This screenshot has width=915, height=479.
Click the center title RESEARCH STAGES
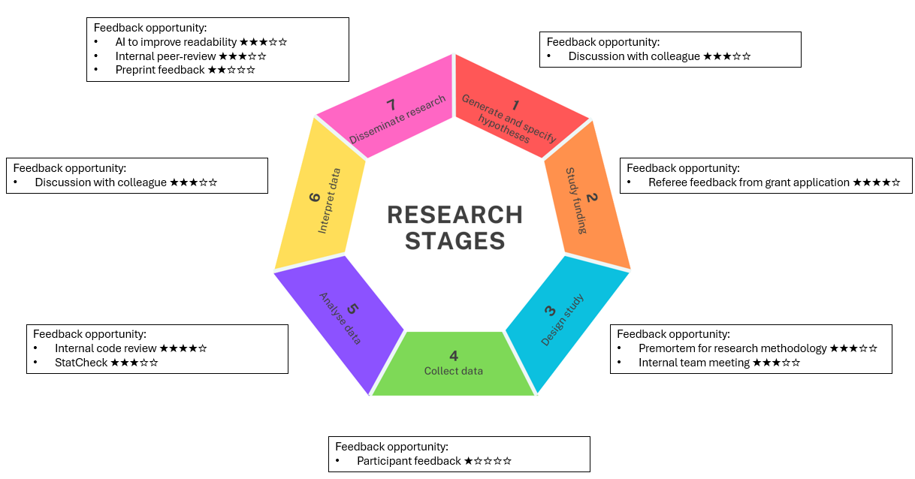(x=454, y=227)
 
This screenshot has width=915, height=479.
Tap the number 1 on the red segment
(x=515, y=106)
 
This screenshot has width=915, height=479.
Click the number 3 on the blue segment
(x=550, y=310)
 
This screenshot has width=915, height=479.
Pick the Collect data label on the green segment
(x=453, y=371)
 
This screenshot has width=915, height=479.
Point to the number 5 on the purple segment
(x=353, y=309)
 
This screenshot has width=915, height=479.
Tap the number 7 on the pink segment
(x=391, y=104)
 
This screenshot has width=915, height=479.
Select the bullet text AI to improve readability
(x=177, y=42)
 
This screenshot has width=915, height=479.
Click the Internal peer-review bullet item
(x=166, y=56)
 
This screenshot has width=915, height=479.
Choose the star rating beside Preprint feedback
(x=231, y=70)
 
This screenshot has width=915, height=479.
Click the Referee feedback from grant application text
(x=748, y=182)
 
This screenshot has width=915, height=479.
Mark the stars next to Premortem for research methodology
(x=853, y=348)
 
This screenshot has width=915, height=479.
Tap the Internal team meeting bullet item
(x=693, y=363)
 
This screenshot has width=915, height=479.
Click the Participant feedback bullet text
(x=408, y=461)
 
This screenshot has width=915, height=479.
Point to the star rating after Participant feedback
(x=488, y=461)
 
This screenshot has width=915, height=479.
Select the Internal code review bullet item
(x=105, y=348)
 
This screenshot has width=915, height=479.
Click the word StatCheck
(x=81, y=363)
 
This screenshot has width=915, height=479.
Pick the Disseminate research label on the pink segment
(x=397, y=120)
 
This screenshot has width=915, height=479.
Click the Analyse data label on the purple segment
(x=340, y=318)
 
